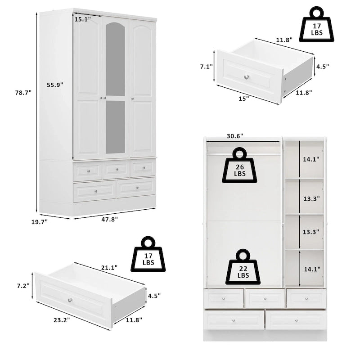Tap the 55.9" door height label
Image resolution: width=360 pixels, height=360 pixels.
55,84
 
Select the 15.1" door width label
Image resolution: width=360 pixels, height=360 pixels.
82,19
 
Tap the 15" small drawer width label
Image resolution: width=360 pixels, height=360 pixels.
244,98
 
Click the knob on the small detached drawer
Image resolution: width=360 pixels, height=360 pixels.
247,77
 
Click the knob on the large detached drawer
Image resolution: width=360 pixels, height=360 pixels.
70,300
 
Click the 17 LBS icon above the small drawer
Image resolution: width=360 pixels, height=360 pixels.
316,24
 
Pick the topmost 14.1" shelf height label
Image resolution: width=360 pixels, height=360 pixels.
311,159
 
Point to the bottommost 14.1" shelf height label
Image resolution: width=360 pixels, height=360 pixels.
311,270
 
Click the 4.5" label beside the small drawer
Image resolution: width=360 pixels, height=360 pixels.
322,66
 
